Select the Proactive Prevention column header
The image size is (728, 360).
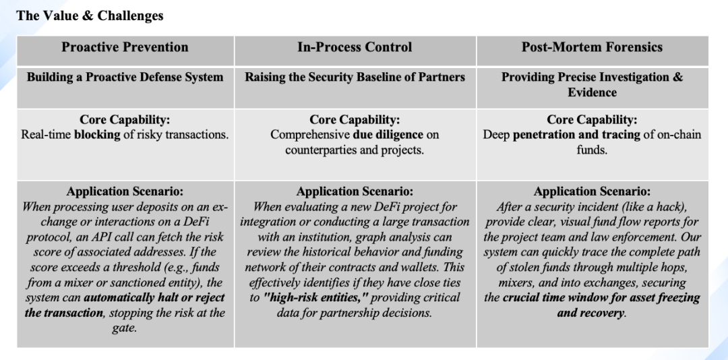pos(125,47)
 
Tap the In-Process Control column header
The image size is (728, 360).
pos(355,47)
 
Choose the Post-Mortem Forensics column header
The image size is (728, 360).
pos(592,47)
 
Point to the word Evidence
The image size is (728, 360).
pos(592,92)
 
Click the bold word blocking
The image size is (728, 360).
pos(99,134)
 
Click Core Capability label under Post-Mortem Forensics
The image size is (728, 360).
pos(592,119)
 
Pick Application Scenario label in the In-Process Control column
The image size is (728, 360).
pos(355,191)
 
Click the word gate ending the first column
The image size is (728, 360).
pos(123,327)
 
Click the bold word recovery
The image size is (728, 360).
pos(602,312)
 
